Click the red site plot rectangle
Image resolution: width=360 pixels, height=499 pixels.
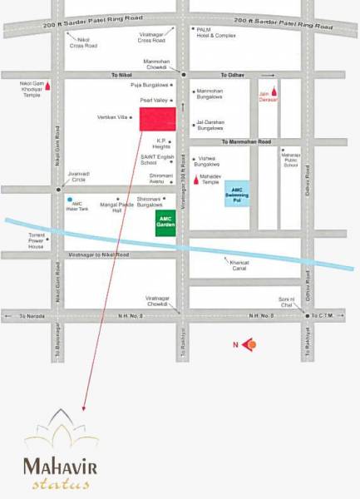pos(156,119)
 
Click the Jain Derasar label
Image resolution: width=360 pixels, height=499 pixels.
pos(267,94)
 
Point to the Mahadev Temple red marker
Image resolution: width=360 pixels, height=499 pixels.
pos(196,178)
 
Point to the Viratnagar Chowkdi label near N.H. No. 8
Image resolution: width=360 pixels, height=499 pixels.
pos(157,300)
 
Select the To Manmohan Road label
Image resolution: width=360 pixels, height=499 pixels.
pos(246,142)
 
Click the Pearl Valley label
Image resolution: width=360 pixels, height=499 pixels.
pos(155,100)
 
